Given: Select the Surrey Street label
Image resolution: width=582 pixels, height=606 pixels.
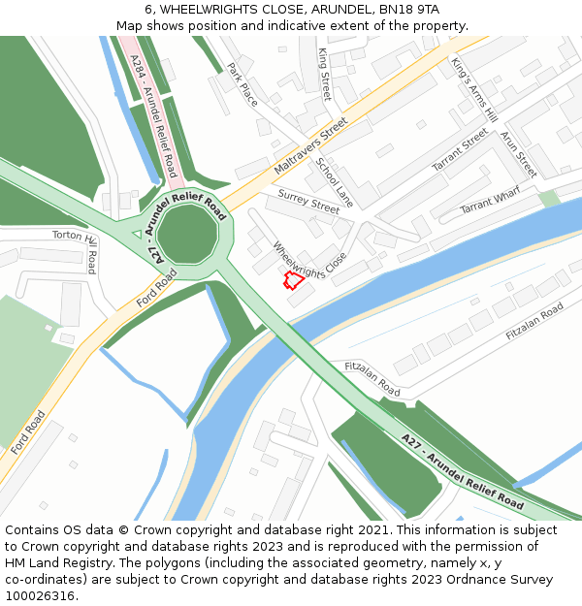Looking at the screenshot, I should [308, 201].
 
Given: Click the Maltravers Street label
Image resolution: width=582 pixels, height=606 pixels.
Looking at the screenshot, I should [309, 146].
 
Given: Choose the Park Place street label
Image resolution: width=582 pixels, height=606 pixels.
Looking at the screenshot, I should [242, 84].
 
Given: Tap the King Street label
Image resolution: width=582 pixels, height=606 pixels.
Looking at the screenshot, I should [325, 74].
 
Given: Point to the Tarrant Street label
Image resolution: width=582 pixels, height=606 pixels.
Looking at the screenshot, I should [460, 151].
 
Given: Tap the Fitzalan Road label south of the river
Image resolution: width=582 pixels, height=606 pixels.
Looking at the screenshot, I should [372, 378].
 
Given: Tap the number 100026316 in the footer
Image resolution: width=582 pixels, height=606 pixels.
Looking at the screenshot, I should [41, 595].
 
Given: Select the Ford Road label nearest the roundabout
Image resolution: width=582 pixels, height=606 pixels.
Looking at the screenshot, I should [157, 289].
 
